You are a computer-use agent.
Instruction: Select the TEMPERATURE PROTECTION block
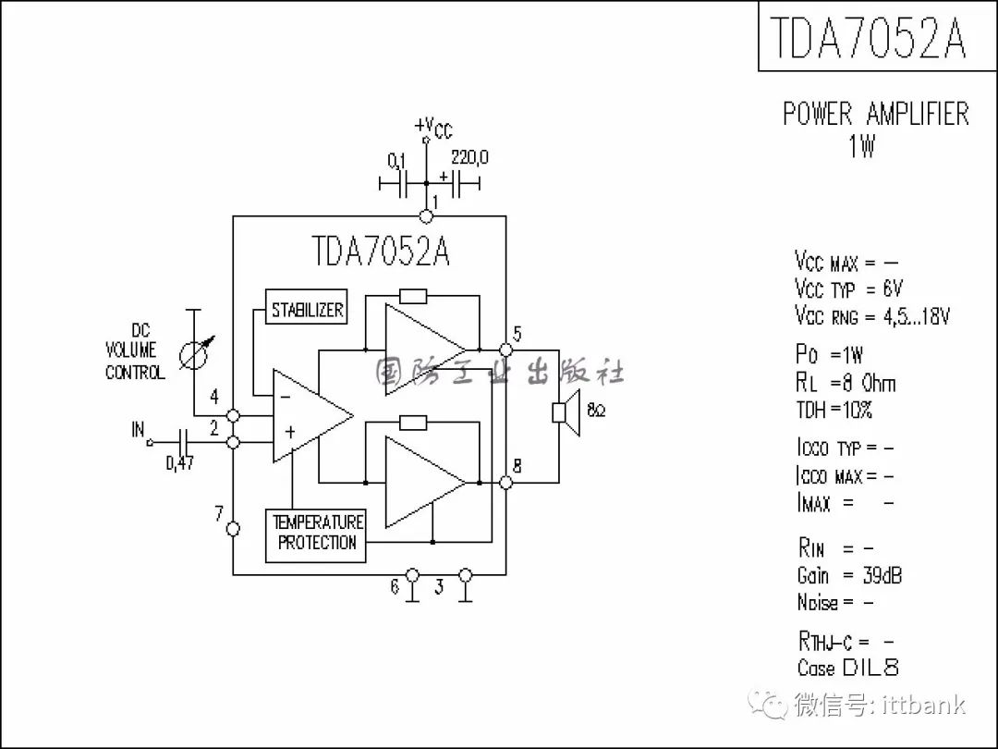tap(316, 535)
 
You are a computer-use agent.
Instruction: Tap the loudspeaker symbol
tap(566, 412)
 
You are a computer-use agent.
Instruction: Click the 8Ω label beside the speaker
tap(596, 411)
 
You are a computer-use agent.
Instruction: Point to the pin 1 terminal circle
tap(426, 216)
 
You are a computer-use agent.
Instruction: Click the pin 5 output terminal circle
tap(506, 350)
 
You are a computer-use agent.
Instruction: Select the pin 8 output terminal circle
tap(506, 483)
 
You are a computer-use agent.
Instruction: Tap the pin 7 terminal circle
tap(234, 529)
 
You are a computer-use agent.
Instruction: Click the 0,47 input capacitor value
tap(180, 463)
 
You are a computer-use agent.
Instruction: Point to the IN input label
tap(138, 430)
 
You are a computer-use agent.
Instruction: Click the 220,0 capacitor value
tap(469, 157)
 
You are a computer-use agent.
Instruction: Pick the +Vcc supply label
tap(433, 128)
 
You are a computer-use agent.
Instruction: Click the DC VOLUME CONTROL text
tap(135, 351)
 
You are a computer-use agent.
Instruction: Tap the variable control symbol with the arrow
tap(195, 354)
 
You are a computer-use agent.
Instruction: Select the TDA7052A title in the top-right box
tap(869, 37)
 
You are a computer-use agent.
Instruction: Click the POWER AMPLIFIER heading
tap(876, 114)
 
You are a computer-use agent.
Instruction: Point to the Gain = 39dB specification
tap(849, 575)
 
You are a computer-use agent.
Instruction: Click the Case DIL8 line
tap(847, 667)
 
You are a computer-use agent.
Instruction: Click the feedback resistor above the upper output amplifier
tap(413, 296)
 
